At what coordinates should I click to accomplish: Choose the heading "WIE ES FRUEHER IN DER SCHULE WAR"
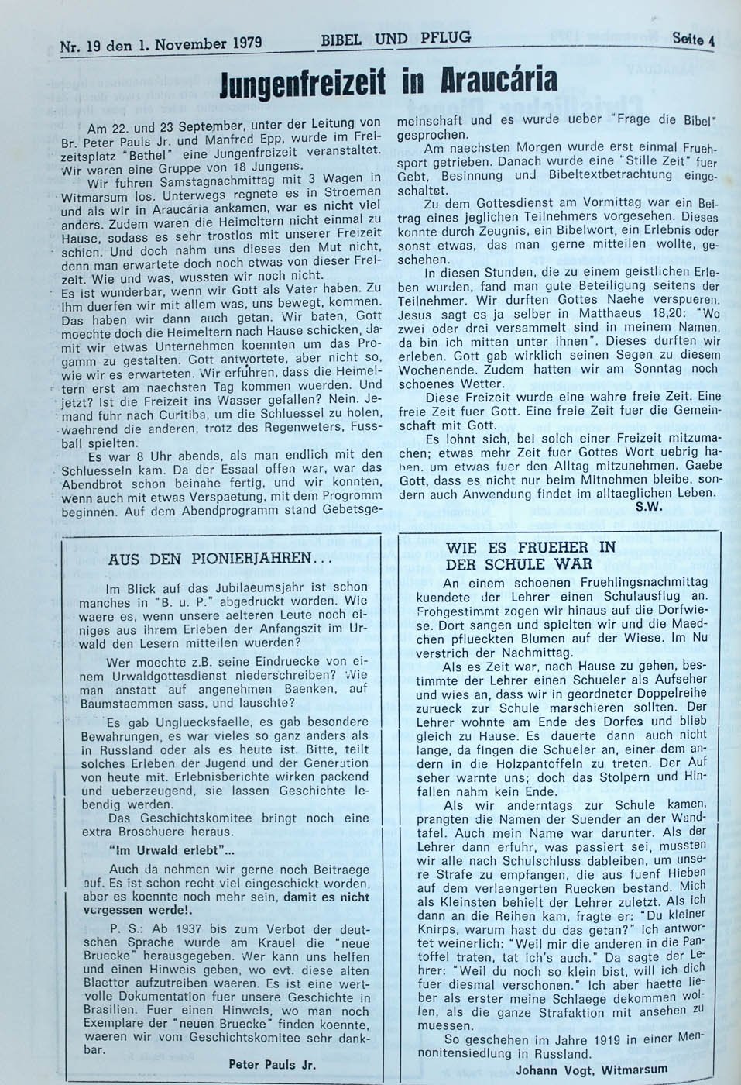[530, 555]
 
